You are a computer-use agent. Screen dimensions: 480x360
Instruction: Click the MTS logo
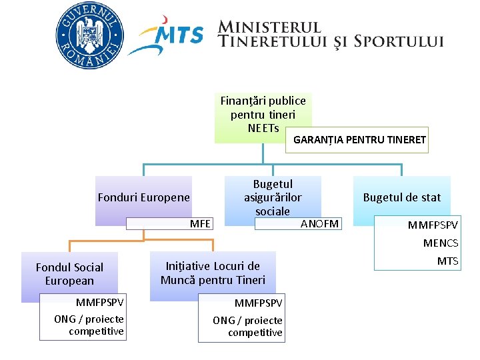point(167,39)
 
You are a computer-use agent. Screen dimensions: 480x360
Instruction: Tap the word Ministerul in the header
point(270,27)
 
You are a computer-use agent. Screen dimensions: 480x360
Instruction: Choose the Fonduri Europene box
point(143,197)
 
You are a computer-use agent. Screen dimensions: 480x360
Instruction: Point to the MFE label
point(200,223)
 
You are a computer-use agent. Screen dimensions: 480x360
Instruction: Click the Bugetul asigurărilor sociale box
point(273,197)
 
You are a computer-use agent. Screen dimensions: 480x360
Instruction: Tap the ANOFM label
point(319,223)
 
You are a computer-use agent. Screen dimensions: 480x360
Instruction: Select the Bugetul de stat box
point(401,197)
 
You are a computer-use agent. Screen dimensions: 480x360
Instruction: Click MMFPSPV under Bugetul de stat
point(433,226)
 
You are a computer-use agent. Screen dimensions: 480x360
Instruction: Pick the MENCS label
point(441,244)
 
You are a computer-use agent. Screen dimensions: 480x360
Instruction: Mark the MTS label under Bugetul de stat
point(448,261)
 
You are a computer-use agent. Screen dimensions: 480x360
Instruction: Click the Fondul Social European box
point(69,274)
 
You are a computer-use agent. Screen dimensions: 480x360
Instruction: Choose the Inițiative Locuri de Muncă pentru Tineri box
point(213,273)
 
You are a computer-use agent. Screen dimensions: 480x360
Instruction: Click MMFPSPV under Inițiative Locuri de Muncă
point(258,303)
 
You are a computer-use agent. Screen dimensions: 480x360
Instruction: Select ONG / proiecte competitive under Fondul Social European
point(89,325)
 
